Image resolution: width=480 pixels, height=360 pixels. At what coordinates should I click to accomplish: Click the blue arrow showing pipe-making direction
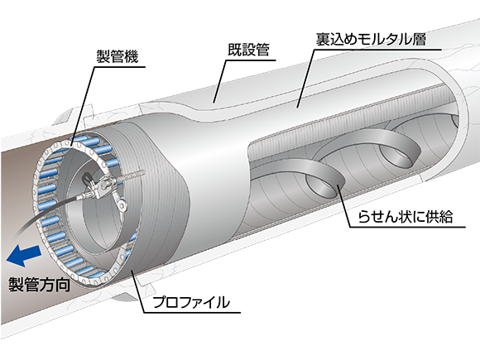point(24,256)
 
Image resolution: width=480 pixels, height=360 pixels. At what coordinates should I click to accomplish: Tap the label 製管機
point(118,56)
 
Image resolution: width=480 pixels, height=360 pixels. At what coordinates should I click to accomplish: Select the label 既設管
point(248,50)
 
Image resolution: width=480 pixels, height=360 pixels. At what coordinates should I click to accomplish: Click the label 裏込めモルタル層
point(371,39)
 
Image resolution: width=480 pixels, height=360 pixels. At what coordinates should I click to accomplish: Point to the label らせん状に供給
point(406,217)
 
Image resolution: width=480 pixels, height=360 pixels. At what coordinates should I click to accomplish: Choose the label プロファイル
point(191,302)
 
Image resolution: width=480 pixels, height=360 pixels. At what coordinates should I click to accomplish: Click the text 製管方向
point(39,285)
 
